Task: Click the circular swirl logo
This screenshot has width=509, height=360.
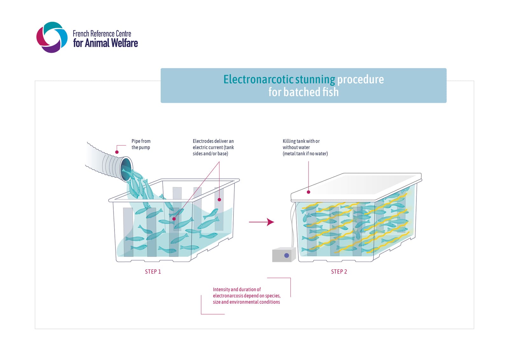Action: (x=52, y=37)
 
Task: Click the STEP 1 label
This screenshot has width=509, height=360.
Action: (x=153, y=272)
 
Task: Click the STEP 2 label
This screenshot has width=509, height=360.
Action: (x=339, y=272)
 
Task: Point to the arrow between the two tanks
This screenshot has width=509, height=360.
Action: (x=261, y=222)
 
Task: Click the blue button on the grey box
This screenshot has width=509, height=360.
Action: (x=287, y=255)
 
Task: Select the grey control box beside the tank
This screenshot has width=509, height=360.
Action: (x=284, y=254)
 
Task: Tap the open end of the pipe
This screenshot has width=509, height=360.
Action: (x=126, y=169)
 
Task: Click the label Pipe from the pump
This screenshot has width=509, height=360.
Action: (x=141, y=144)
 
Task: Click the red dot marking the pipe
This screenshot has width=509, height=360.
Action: (x=117, y=152)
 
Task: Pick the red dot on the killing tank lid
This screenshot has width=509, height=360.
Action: (x=308, y=192)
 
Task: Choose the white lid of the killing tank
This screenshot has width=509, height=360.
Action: (x=356, y=187)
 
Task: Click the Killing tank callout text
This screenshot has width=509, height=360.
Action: (x=305, y=147)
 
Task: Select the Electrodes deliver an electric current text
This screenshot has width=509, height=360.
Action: (x=213, y=147)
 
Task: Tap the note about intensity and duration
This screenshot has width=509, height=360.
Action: (x=247, y=296)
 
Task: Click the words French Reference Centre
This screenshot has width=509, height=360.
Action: (x=102, y=34)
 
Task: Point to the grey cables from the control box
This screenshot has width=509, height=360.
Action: (x=293, y=224)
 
